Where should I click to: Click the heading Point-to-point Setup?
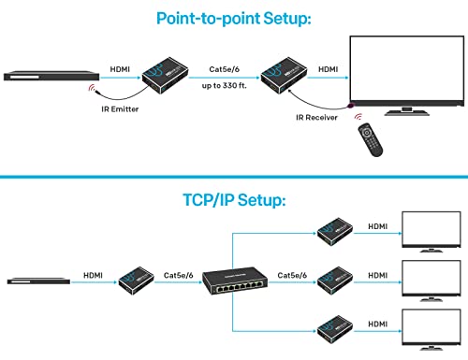pyautogui.click(x=233, y=18)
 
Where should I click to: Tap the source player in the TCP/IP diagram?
pyautogui.click(x=39, y=278)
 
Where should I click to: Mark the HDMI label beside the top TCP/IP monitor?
pyautogui.click(x=377, y=226)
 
